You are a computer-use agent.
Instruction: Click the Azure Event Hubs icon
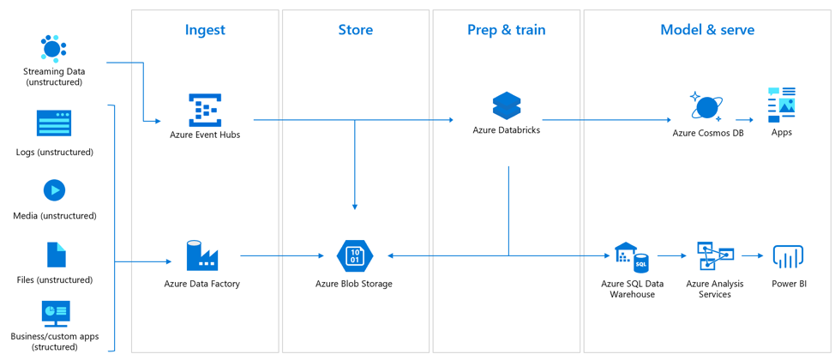tap(205, 110)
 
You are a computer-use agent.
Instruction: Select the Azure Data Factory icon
tap(202, 255)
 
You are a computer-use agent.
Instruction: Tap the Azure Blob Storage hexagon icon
tap(354, 255)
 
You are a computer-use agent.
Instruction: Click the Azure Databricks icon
tap(507, 105)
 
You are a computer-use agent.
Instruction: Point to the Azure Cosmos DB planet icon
tap(706, 107)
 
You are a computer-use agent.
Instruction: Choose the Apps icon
tap(782, 104)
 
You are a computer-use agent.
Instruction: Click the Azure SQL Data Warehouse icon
tap(631, 257)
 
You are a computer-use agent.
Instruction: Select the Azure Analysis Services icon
tap(715, 256)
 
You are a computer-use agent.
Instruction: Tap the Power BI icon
tap(787, 256)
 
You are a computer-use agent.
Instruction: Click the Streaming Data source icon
tap(53, 50)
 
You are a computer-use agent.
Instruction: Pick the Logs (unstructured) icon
tap(54, 124)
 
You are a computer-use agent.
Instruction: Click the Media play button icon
tap(54, 189)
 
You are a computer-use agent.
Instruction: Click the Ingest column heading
tap(205, 30)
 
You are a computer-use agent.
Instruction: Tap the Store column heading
tap(355, 30)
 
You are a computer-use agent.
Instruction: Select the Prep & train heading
tap(506, 30)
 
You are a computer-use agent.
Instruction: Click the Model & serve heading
tap(707, 30)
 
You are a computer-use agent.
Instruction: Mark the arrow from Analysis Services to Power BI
tap(752, 256)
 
